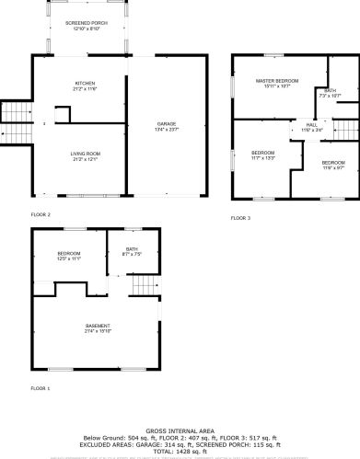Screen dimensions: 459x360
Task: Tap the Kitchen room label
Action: point(85,83)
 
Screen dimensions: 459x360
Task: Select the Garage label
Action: point(167,122)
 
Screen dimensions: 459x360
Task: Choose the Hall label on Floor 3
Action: point(312,126)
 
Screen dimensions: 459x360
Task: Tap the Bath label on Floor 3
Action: point(329,90)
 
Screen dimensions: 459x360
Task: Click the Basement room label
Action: point(99,327)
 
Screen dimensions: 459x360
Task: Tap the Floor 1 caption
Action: point(41,389)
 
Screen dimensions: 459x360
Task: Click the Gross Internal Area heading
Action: point(180,430)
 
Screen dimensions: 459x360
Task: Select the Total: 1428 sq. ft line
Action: point(180,452)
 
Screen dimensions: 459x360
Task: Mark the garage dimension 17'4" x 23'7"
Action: point(167,128)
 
